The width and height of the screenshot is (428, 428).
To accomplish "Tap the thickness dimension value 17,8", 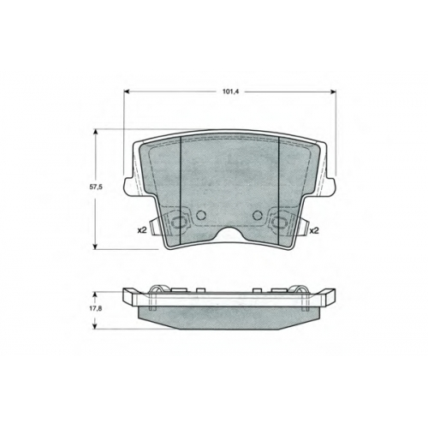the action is click(x=95, y=308).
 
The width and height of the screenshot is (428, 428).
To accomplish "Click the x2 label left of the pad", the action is click(x=142, y=230).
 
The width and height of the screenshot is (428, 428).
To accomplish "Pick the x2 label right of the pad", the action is click(x=314, y=230).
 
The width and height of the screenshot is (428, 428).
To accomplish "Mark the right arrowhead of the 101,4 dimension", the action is click(x=333, y=92).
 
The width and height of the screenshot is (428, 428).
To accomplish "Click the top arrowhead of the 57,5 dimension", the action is click(x=96, y=132).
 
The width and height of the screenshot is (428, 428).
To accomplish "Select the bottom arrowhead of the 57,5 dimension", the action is click(x=96, y=246).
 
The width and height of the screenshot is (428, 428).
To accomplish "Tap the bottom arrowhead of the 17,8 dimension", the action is click(x=96, y=326).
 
